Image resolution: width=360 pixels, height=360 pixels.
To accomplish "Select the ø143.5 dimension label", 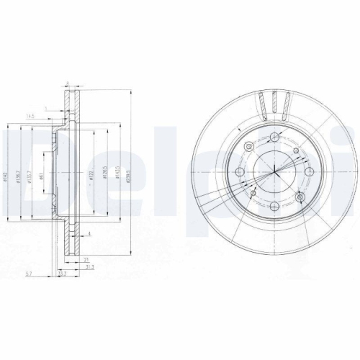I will click(117, 178).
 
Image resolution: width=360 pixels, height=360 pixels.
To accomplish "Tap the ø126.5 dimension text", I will click(105, 178).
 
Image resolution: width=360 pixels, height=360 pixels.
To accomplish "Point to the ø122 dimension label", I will click(92, 178).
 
